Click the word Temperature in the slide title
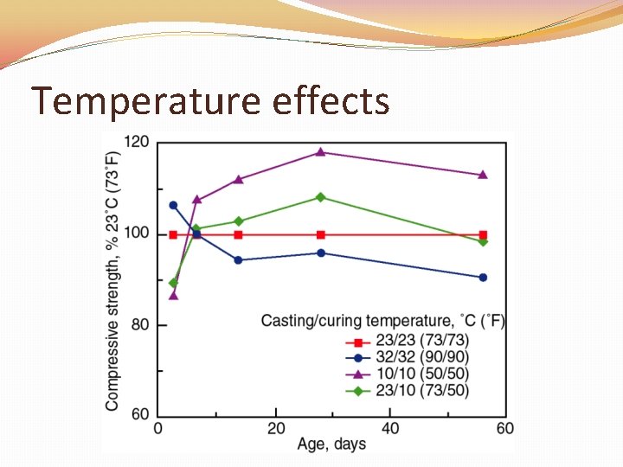point(145,101)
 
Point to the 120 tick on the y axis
point(137,142)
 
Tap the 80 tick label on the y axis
point(140,325)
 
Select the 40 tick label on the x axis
point(390,428)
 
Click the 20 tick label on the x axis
point(275,428)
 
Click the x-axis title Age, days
point(331,445)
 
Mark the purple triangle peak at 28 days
point(321,152)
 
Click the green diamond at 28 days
point(321,197)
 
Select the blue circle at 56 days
point(483,278)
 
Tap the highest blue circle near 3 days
point(173,205)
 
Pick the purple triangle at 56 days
point(483,175)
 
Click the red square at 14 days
point(239,234)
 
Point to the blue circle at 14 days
point(239,259)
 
